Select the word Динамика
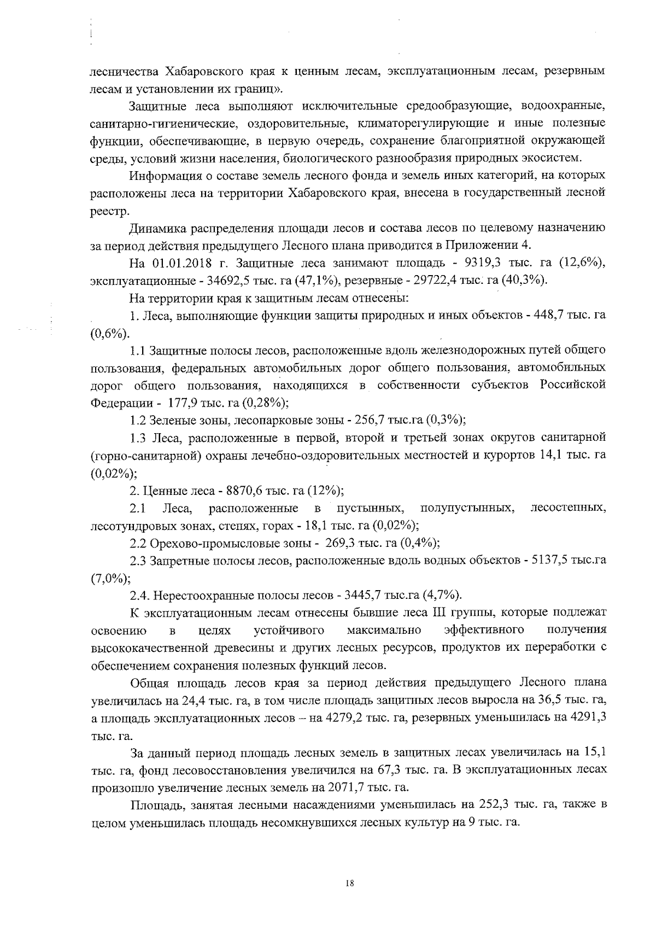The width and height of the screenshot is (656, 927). pyautogui.click(x=158, y=228)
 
